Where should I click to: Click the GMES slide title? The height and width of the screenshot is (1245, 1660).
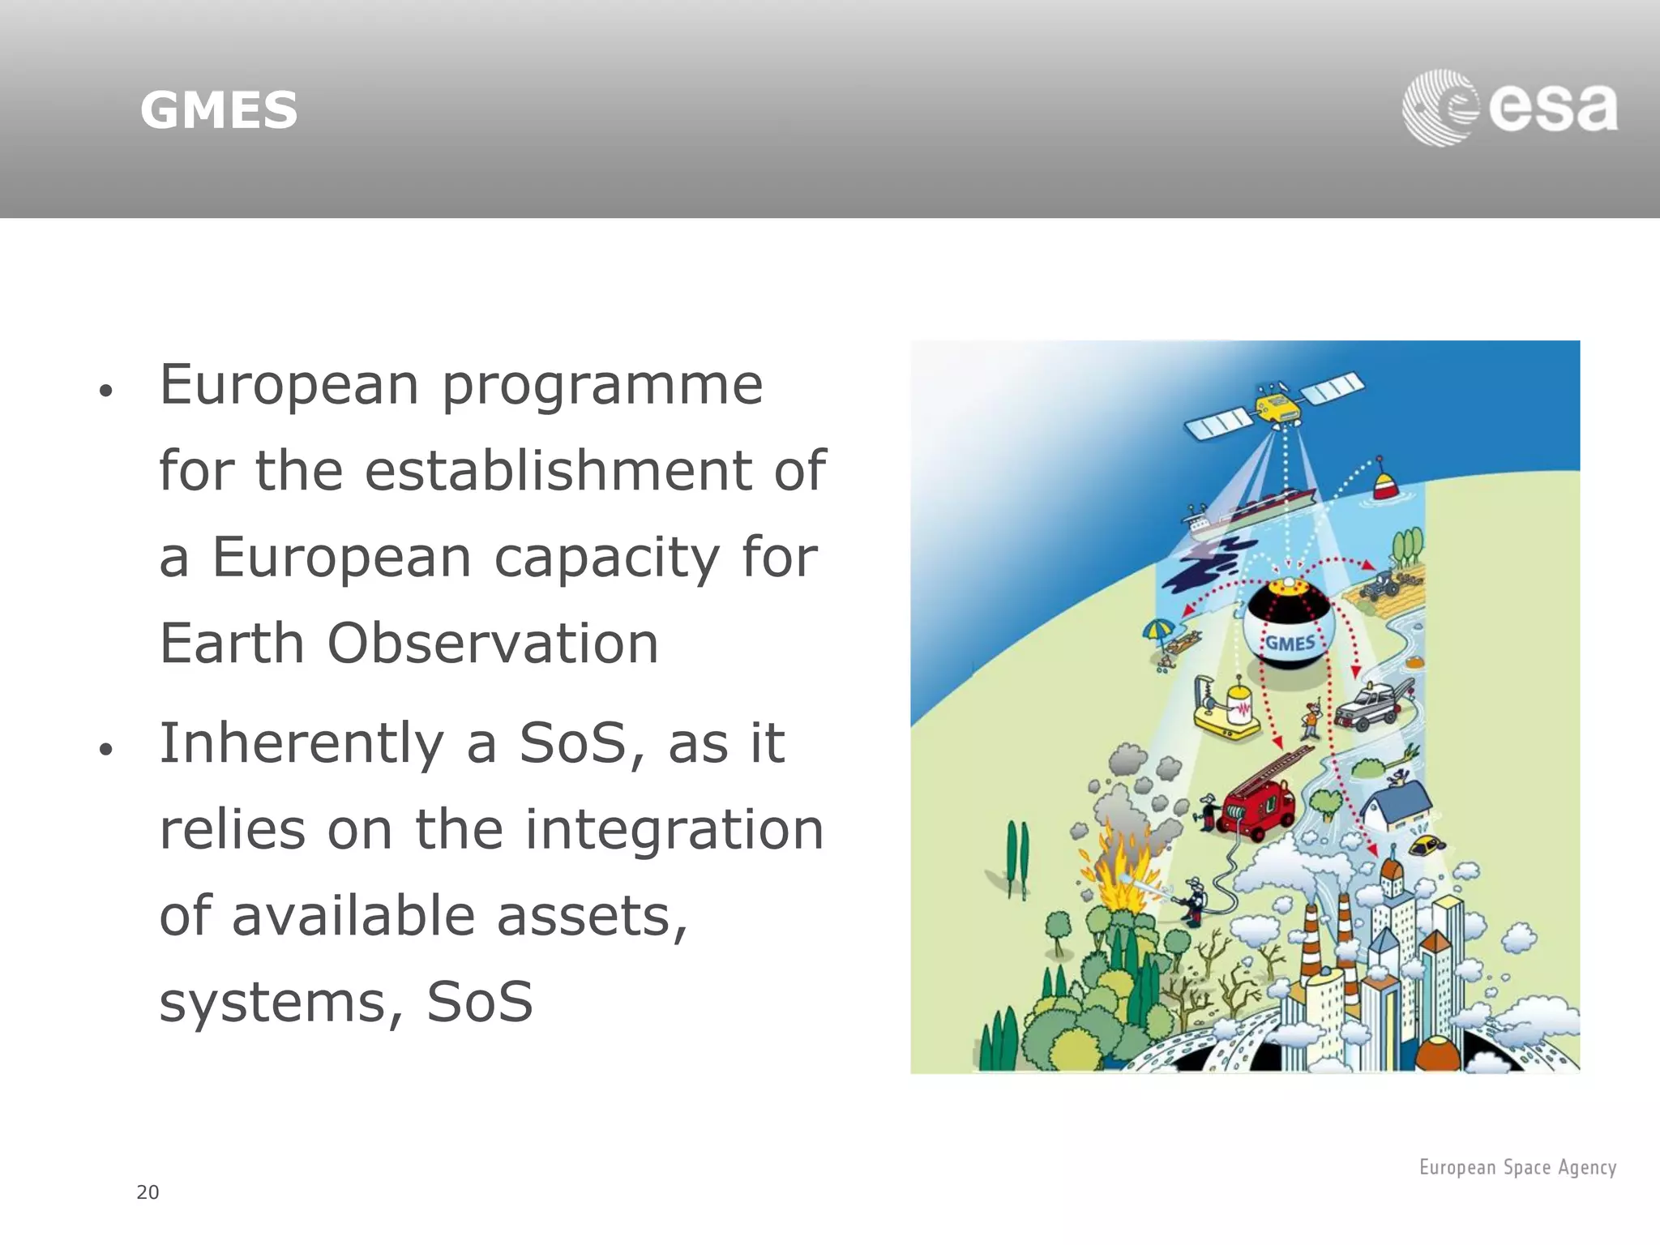[219, 110]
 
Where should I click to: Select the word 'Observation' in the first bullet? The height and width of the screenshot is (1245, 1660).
[493, 644]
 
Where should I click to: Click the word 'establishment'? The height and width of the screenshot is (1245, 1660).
[558, 471]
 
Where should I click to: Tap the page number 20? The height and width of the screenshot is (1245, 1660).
[148, 1192]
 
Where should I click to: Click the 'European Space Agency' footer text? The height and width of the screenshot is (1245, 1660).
[1517, 1167]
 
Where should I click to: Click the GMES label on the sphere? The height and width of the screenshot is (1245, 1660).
[1290, 643]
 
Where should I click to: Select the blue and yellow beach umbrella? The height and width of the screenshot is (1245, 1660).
[1158, 629]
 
